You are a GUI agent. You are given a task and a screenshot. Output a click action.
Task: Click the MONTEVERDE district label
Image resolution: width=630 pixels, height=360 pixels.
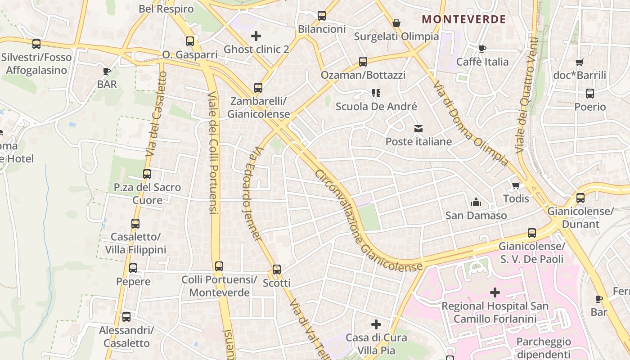click(464, 19)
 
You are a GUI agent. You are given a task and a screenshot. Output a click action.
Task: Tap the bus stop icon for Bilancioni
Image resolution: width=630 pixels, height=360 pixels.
click(322, 16)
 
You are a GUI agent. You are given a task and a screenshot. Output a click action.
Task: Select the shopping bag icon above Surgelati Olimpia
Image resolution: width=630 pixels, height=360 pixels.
click(396, 22)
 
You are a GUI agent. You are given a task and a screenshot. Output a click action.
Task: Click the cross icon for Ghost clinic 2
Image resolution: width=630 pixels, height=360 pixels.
click(256, 36)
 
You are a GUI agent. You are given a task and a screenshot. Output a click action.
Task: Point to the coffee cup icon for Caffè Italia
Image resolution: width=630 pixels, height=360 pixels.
click(482, 49)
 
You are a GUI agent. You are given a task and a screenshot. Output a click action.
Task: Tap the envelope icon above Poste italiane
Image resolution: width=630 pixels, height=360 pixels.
click(418, 129)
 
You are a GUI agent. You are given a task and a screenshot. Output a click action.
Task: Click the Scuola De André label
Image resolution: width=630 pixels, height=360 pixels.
click(376, 107)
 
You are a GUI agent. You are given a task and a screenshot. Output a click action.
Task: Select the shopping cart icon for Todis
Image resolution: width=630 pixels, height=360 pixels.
click(516, 185)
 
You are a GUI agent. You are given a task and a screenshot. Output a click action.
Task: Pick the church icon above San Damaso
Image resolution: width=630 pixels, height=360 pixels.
click(476, 202)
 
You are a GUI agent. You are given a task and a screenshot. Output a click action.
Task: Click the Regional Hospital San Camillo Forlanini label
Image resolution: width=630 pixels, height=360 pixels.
click(495, 312)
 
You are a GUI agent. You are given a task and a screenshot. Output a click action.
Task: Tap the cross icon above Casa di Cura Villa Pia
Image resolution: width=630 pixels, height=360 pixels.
click(376, 324)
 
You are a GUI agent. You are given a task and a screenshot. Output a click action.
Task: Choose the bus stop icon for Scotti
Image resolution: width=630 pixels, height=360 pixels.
click(277, 270)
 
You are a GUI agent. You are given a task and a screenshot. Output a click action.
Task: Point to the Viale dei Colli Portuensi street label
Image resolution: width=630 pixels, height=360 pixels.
click(213, 153)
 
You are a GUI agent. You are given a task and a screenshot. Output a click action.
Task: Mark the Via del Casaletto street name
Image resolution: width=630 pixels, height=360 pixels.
click(157, 115)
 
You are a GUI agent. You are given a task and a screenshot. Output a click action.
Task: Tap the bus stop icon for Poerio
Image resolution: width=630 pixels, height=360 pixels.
click(590, 94)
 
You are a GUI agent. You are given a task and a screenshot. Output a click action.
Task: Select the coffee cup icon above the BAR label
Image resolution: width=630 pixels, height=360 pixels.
click(107, 71)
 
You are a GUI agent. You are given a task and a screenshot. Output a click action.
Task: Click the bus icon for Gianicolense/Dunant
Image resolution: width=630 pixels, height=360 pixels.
click(580, 198)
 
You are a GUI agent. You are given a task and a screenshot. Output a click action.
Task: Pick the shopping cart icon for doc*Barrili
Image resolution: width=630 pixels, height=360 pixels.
click(579, 63)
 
